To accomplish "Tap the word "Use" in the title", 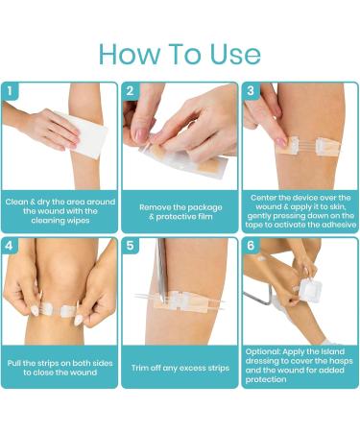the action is [235, 54].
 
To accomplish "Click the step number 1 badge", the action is [10, 91].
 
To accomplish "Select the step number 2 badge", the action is [130, 91].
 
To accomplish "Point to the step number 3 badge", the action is [251, 91].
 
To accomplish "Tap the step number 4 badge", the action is [10, 246].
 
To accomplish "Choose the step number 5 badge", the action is [130, 246].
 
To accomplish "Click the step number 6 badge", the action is [251, 246].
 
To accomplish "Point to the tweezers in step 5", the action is [161, 272].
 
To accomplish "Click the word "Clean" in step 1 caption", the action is [16, 202].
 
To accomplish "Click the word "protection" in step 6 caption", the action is [266, 380].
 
